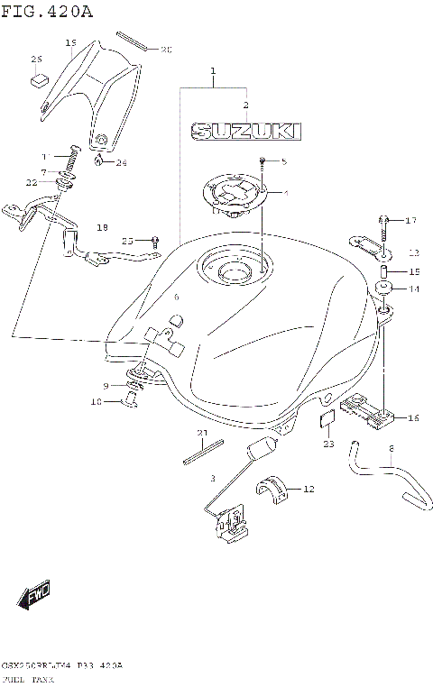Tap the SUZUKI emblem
tap(242, 132)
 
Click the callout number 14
tap(414, 289)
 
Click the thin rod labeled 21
tap(202, 448)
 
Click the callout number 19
tap(70, 42)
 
